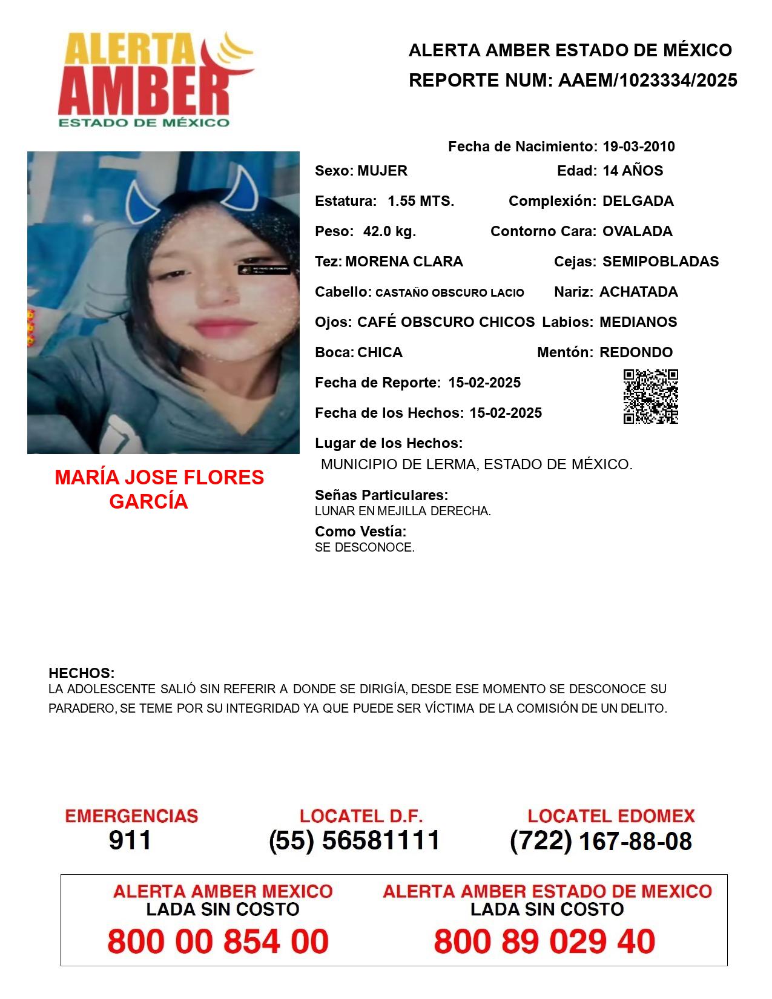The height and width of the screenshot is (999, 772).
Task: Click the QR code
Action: click(651, 397)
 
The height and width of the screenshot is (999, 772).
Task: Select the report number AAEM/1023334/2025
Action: click(647, 80)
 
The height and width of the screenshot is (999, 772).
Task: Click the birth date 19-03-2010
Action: click(638, 147)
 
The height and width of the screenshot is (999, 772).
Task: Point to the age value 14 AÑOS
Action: click(633, 171)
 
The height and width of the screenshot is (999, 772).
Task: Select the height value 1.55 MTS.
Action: click(421, 201)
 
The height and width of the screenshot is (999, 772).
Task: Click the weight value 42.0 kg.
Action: click(389, 231)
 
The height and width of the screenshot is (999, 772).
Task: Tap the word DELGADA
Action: click(638, 201)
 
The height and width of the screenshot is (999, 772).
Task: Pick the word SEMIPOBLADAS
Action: click(660, 262)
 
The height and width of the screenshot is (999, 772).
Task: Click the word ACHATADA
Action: click(638, 292)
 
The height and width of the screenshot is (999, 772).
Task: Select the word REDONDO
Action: click(636, 352)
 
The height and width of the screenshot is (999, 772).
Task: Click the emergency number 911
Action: click(130, 840)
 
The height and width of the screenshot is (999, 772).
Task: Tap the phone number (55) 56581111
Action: click(355, 840)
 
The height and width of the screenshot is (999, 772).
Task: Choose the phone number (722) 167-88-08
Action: click(601, 841)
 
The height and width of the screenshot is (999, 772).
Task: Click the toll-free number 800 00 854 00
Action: click(218, 941)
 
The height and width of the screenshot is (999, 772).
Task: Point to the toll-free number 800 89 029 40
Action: click(544, 941)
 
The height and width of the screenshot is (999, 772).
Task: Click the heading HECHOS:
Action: click(81, 673)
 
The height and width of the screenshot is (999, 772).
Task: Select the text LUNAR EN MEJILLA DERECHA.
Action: click(403, 511)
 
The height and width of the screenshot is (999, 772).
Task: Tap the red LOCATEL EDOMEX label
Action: click(611, 816)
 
